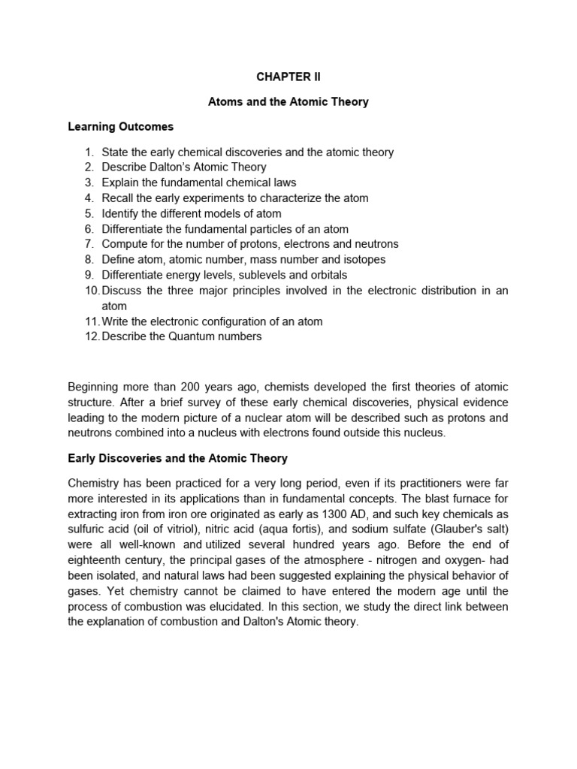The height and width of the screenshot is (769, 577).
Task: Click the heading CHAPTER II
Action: pos(288,77)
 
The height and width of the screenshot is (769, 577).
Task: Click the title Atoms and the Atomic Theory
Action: pos(288,101)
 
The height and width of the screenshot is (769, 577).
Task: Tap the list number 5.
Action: pos(89,213)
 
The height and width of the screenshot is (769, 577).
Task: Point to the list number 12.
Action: pos(91,336)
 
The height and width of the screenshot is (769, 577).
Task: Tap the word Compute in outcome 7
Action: pos(124,244)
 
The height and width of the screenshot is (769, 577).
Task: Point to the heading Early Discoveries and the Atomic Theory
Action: pos(178,458)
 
